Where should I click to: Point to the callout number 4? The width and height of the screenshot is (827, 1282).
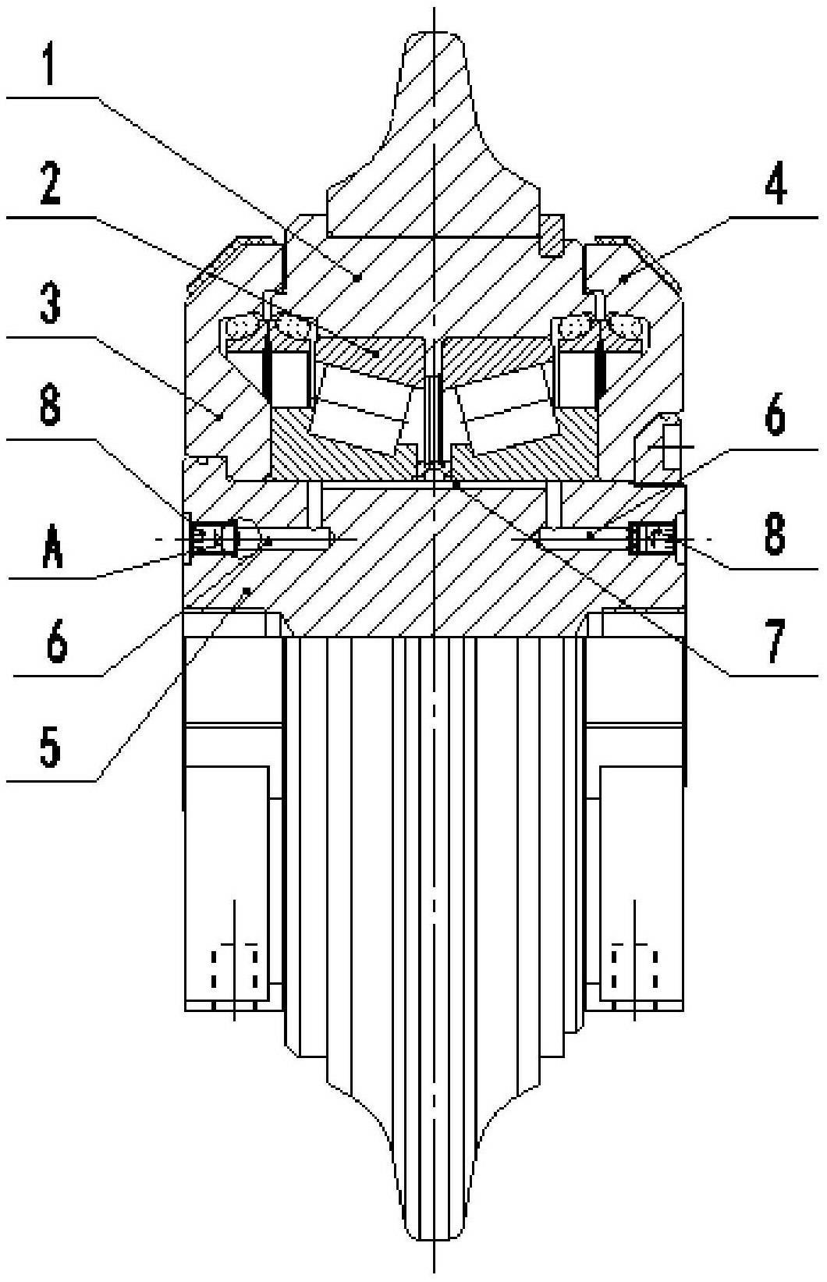775,184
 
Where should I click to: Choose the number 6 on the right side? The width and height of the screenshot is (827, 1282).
775,417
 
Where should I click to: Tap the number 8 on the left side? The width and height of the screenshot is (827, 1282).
50,407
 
